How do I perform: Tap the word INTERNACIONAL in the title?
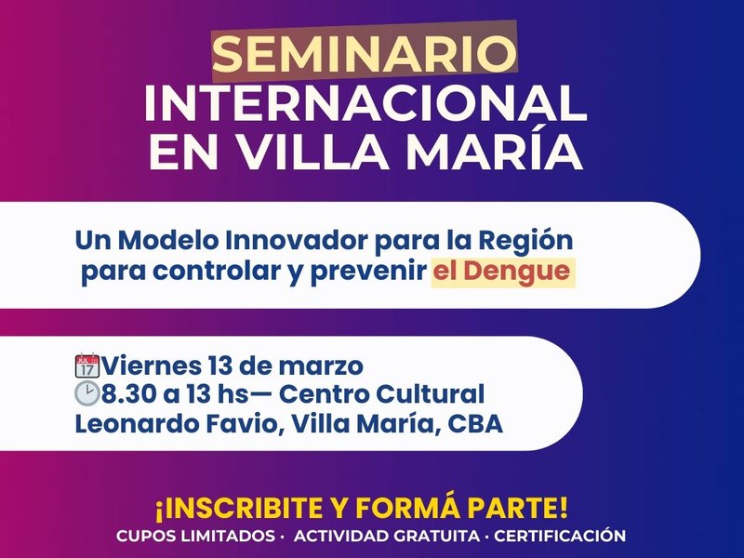tap(365, 103)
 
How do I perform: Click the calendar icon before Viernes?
tap(86, 364)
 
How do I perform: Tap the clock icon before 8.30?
tap(86, 393)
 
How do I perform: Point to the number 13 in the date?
tap(222, 364)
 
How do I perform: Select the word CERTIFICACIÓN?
tap(560, 537)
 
